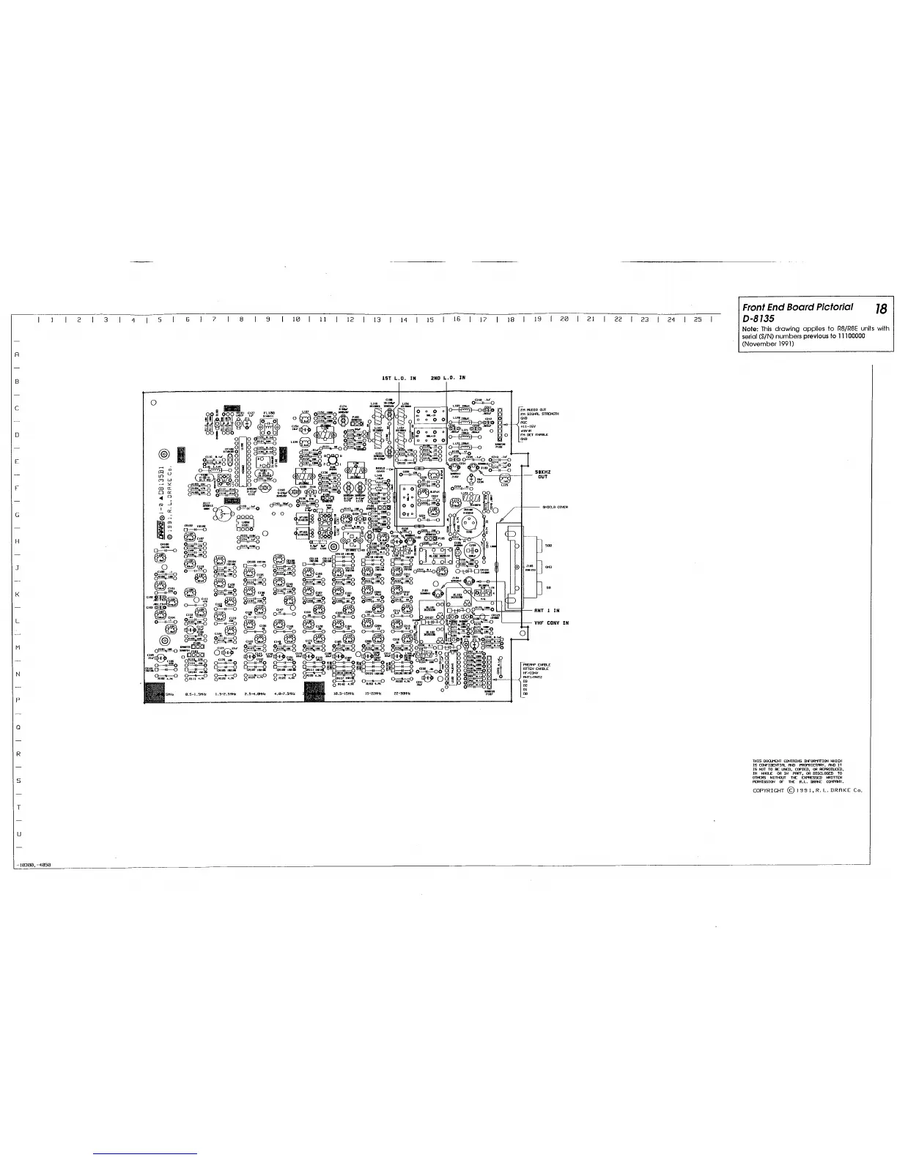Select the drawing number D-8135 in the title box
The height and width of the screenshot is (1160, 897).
pyautogui.click(x=763, y=319)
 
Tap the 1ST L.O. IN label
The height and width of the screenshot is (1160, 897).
pyautogui.click(x=399, y=379)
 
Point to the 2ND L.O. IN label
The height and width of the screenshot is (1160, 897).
pyautogui.click(x=447, y=379)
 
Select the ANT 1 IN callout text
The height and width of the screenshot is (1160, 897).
pyautogui.click(x=547, y=610)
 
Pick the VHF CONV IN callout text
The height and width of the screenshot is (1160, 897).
pyautogui.click(x=551, y=623)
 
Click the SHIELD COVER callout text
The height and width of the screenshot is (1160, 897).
pyautogui.click(x=555, y=508)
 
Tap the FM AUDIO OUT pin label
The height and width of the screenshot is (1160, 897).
pyautogui.click(x=533, y=410)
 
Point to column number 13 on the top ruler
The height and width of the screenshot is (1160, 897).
pyautogui.click(x=377, y=320)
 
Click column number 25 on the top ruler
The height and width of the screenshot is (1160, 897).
pyautogui.click(x=698, y=320)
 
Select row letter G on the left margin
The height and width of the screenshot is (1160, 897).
pyautogui.click(x=17, y=515)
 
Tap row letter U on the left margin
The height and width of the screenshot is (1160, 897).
pyautogui.click(x=17, y=834)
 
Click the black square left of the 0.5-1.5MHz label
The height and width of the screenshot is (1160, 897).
pyautogui.click(x=156, y=692)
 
